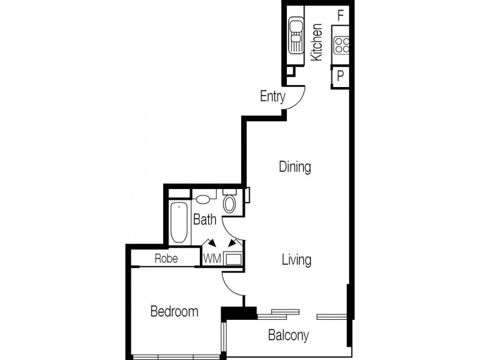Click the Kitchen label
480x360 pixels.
tap(317, 41)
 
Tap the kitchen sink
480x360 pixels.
tap(296, 35)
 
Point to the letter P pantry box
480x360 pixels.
tap(340, 76)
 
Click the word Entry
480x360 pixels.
tap(272, 96)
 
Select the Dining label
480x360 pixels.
tap(295, 167)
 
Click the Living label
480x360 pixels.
tap(296, 260)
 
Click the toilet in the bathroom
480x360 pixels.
tap(229, 202)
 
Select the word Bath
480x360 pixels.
tap(204, 220)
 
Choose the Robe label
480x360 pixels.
tap(165, 259)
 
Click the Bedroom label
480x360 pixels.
tap(174, 311)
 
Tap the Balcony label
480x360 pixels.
tap(289, 335)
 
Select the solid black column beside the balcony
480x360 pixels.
tap(238, 314)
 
